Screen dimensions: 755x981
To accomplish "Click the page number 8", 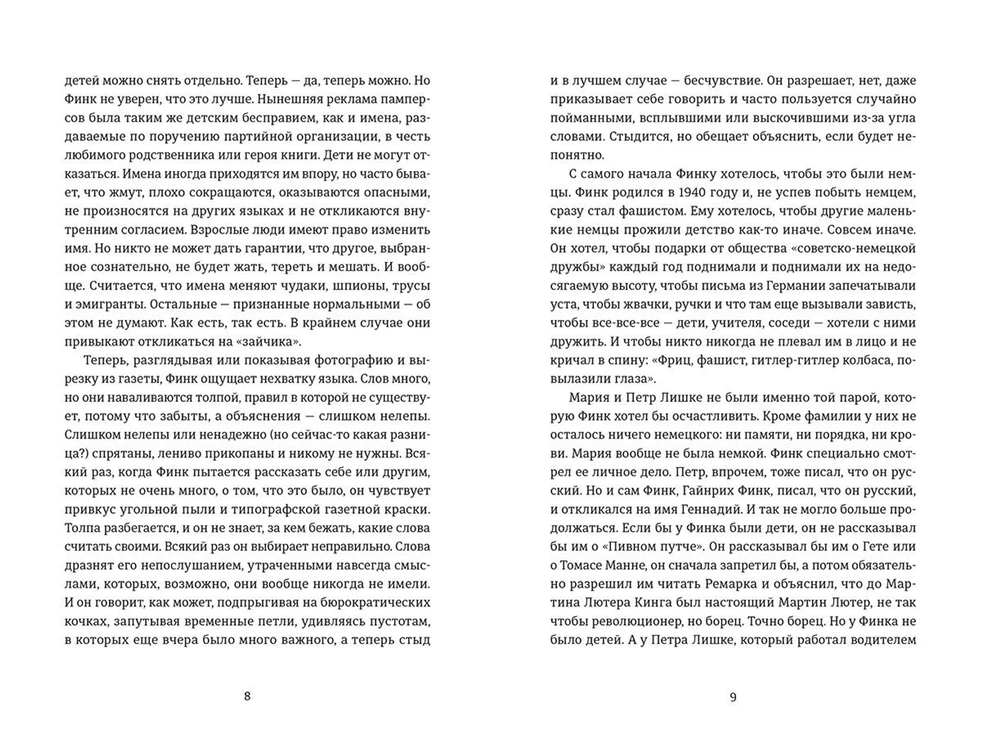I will tap(247, 696).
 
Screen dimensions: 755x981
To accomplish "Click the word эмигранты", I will tap(110, 305).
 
